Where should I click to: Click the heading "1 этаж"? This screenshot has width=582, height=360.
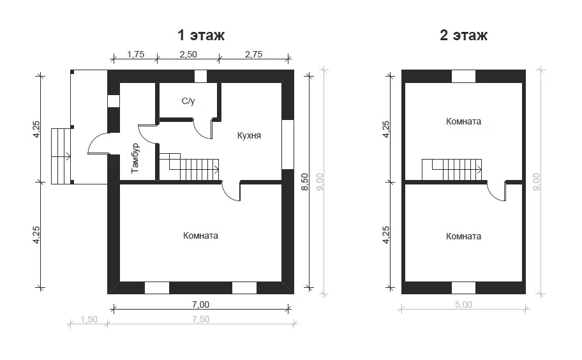pos(201,35)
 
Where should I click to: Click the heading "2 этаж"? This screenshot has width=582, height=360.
pos(463,35)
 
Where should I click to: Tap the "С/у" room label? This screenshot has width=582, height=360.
pos(188,101)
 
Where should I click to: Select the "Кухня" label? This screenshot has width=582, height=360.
pos(249,135)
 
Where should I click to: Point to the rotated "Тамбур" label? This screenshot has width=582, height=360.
pos(135,158)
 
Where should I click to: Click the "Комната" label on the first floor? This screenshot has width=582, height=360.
pos(200,236)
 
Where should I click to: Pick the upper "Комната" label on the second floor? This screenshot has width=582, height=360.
pos(463,121)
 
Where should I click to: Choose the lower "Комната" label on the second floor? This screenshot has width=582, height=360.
pos(463,236)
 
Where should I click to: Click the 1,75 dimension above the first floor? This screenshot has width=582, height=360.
pos(135,54)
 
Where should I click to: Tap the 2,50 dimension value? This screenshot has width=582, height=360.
pos(188,54)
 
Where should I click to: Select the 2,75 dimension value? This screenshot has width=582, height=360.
pos(253,54)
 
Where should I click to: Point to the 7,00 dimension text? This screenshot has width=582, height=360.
pos(200,304)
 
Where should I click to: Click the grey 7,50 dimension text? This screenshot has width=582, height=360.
pos(200,319)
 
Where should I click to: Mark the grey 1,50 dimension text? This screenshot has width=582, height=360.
pos(89,319)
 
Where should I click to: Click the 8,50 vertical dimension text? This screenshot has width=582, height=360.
pos(305,182)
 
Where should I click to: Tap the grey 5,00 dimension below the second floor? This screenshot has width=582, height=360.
pos(463,304)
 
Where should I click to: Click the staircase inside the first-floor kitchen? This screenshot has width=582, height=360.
pos(190,167)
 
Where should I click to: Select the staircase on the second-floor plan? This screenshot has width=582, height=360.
pos(452,170)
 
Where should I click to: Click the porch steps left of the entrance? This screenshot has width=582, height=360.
pos(61,156)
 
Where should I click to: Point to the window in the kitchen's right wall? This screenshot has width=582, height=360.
pos(288,144)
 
